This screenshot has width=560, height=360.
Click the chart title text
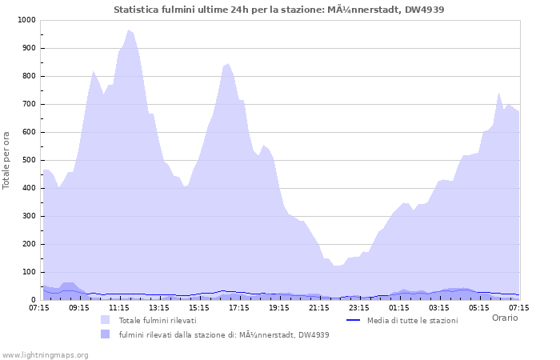coord(279,10)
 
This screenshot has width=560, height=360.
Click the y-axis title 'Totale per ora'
coord(6,160)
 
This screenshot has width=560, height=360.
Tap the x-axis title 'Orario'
coord(504,318)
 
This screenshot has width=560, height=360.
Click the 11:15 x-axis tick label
coord(119,306)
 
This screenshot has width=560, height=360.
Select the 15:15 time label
coord(199,306)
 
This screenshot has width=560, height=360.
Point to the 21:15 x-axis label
coord(319,306)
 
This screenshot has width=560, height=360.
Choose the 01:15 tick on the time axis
coord(399,306)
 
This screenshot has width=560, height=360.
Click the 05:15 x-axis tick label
coord(479,306)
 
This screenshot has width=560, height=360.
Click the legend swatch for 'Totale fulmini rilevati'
coord(105,320)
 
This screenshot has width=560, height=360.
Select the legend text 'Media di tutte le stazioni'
coord(413,320)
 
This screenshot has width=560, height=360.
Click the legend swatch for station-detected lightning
coord(105,334)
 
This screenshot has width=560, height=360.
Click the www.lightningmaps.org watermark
coord(45,354)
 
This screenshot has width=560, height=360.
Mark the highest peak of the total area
coord(128,30)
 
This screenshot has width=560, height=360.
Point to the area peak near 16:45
coord(228,63)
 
